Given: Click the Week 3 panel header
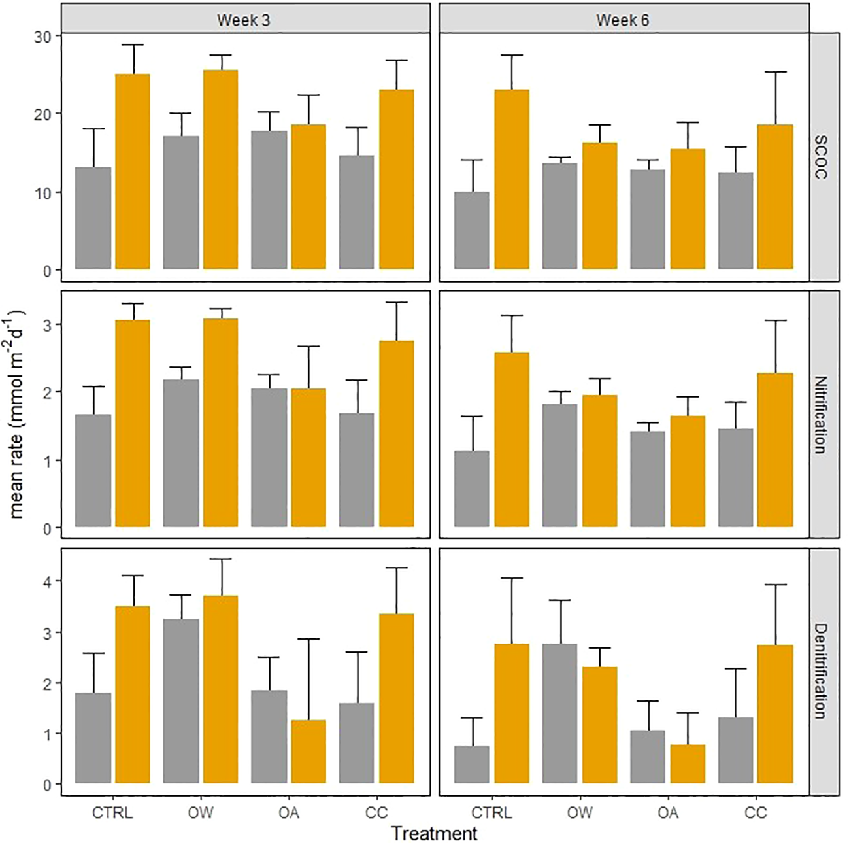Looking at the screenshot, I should click(243, 20).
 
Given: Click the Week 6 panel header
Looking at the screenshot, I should click(622, 20).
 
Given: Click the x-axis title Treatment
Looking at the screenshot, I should click(434, 833).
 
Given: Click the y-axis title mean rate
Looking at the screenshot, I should click(16, 414).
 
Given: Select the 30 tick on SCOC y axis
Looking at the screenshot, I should click(42, 37).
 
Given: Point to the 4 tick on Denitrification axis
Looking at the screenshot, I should click(48, 581).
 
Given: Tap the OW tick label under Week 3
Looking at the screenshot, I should click(201, 813).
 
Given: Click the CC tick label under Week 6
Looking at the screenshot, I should click(756, 813).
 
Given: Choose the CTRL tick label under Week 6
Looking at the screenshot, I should click(491, 813).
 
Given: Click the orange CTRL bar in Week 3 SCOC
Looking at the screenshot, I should click(133, 171).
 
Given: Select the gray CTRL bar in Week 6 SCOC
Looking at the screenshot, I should click(471, 230).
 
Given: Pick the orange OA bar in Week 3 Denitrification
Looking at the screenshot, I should click(308, 752).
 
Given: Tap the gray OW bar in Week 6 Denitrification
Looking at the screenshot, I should click(559, 713).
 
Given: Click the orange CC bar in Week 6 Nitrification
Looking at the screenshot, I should click(775, 450).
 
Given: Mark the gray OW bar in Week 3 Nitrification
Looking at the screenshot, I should click(181, 453).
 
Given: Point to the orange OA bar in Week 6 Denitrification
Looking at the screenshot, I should click(688, 764).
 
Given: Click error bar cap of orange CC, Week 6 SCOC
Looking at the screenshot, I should click(775, 72).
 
